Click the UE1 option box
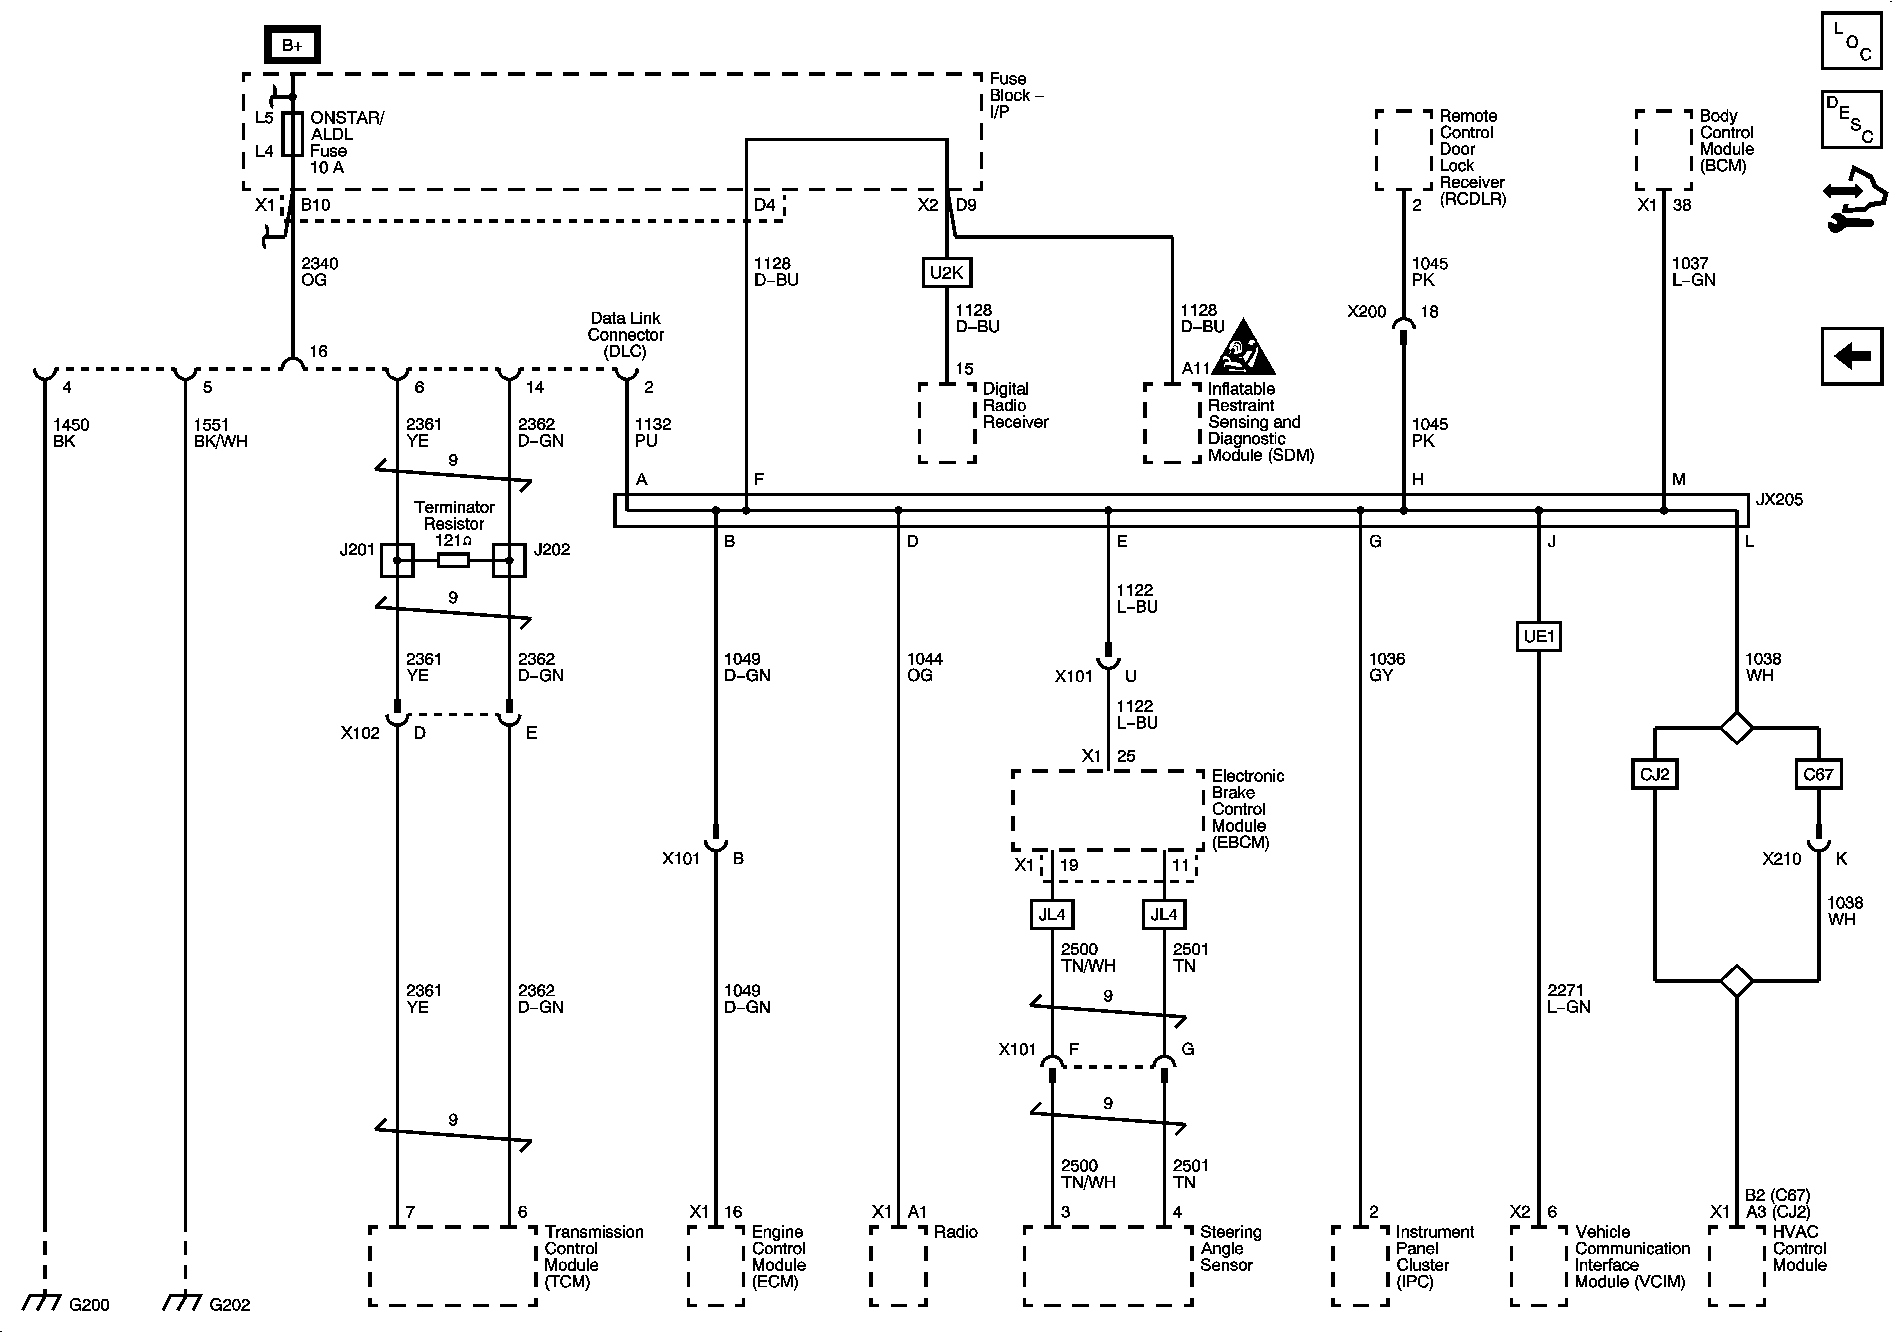[x=1538, y=636]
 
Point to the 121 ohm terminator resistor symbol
[x=453, y=561]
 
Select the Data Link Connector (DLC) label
[x=626, y=335]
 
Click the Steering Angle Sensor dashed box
[x=1107, y=1266]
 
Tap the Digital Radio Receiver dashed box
[x=948, y=422]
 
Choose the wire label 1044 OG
[x=924, y=667]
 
